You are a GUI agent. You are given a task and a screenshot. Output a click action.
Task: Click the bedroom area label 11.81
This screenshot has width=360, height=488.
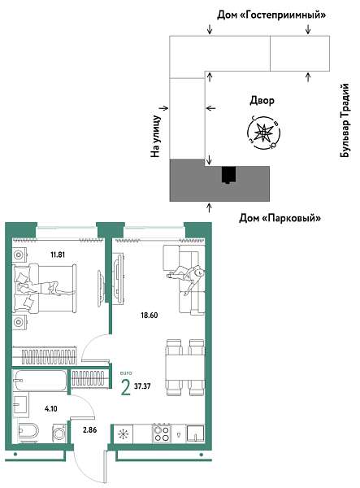57,255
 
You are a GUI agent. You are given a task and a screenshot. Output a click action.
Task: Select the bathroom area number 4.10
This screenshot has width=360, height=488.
51,409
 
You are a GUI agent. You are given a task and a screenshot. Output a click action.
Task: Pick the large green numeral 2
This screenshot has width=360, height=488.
124,386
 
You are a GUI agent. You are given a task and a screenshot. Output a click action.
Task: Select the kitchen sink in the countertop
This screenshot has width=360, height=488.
195,434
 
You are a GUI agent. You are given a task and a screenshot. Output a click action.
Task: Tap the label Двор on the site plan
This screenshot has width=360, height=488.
262,101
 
